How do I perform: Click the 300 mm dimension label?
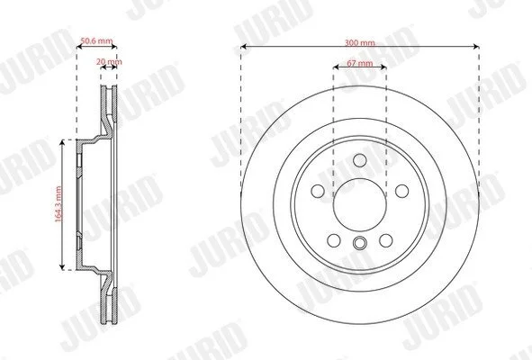pos(360,43)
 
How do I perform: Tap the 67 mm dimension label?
pos(360,63)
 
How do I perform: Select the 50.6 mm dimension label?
pos(96,41)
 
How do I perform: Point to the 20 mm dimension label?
pos(109,62)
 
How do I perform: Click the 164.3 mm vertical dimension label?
pos(59,204)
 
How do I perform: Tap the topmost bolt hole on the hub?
pos(360,160)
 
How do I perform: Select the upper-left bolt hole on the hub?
pos(318,191)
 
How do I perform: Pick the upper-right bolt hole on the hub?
pos(402,191)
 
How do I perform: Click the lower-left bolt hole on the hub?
pos(334,240)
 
